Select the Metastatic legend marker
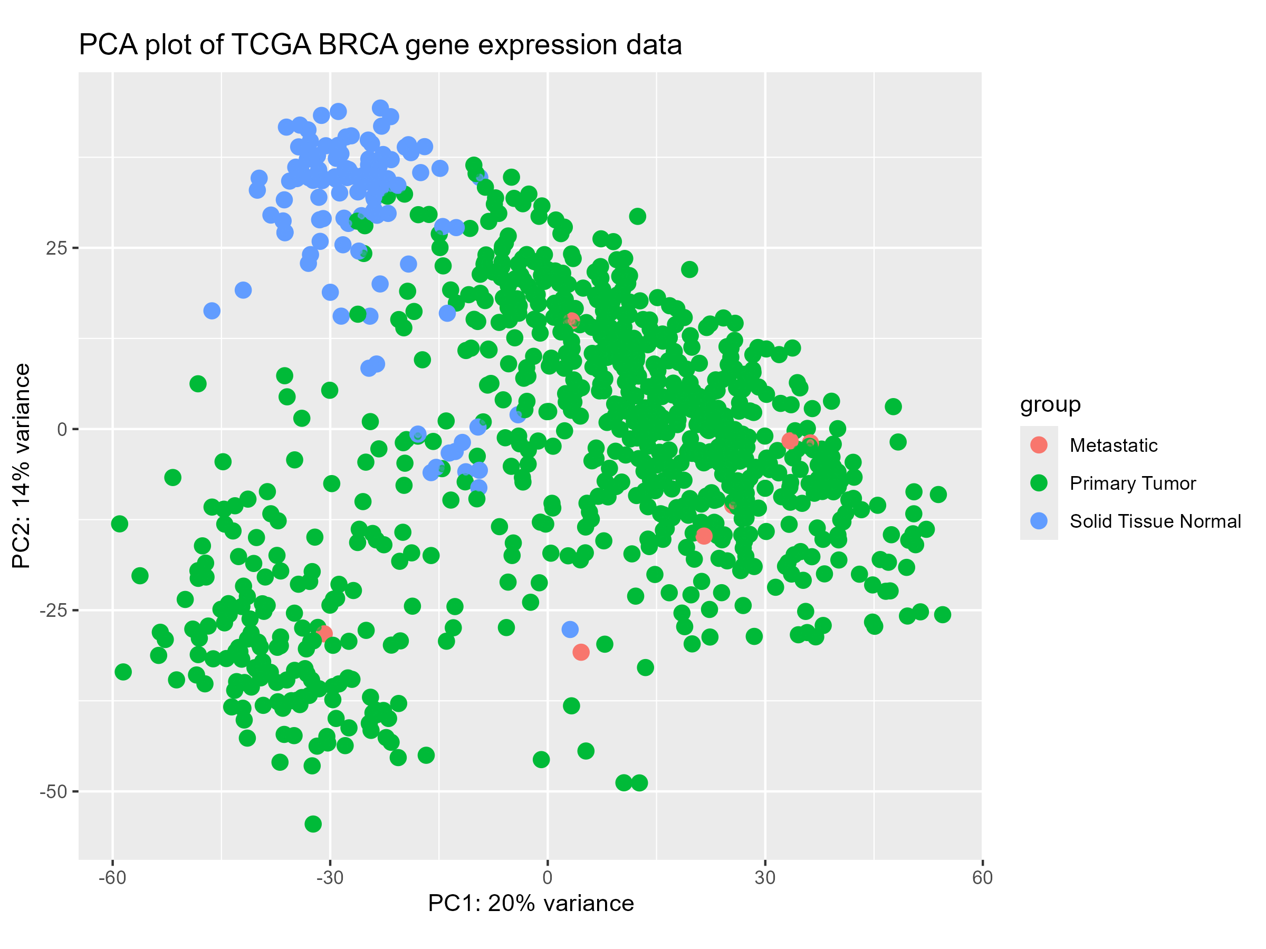point(1038,445)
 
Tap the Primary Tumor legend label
point(1132,483)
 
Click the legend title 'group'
point(1050,404)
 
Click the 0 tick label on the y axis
point(62,430)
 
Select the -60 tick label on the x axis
point(112,877)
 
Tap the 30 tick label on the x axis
point(765,877)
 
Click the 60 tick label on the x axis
point(982,877)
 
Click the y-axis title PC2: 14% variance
point(21,466)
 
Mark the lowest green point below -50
point(313,824)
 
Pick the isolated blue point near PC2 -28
point(570,629)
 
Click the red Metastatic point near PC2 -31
point(581,652)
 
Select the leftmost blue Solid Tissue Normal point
point(212,311)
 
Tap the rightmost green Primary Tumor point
point(943,615)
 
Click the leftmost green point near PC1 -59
point(119,524)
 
